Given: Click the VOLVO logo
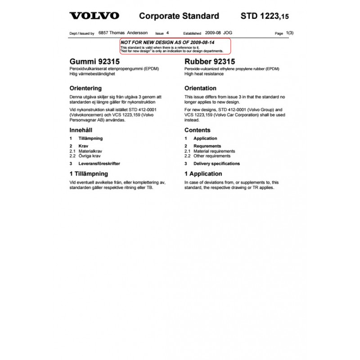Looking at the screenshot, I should (94, 16).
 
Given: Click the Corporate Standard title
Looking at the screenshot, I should (179, 16).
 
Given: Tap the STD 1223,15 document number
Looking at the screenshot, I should (265, 17).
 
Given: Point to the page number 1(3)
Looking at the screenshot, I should (290, 33).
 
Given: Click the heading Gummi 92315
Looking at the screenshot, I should (94, 61).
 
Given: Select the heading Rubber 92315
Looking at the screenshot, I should (210, 61).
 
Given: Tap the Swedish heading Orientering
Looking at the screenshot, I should (85, 88).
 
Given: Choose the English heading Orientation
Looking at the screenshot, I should (200, 88).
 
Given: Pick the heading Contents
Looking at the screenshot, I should (198, 130).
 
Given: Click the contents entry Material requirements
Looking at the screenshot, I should (214, 151).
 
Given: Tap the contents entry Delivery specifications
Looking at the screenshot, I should (216, 164).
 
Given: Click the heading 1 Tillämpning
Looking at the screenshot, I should (89, 174).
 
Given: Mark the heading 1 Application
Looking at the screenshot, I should (203, 174).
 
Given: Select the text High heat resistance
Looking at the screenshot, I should (204, 74).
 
